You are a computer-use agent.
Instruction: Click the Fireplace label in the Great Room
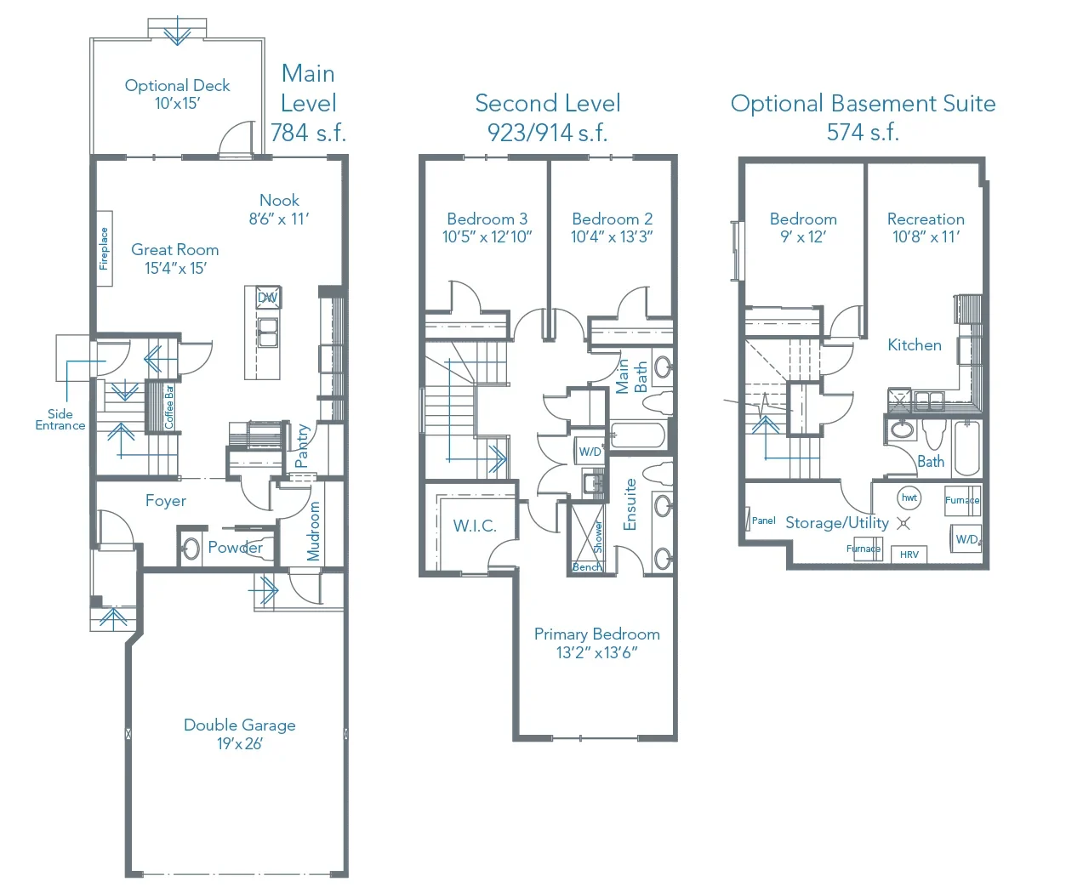(105, 248)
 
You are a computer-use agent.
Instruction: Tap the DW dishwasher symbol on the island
(268, 298)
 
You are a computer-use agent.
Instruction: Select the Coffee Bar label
(168, 407)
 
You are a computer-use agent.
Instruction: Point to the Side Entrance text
(60, 419)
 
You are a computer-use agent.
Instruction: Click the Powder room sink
(191, 549)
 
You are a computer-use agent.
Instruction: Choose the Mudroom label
(313, 531)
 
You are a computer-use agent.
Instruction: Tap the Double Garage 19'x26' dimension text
(240, 743)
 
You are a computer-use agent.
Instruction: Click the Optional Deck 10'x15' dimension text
(178, 103)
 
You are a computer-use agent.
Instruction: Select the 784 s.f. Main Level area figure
(308, 132)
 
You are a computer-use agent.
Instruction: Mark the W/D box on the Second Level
(590, 451)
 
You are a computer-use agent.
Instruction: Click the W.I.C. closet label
(475, 526)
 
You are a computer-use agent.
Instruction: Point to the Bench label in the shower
(587, 567)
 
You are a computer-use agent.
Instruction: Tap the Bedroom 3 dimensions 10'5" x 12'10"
(487, 237)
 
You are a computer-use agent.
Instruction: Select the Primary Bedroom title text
(597, 634)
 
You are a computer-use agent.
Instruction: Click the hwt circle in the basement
(909, 498)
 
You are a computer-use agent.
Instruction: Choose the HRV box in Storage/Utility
(909, 555)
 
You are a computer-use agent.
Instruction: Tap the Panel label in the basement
(763, 520)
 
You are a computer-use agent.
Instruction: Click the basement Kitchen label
(915, 344)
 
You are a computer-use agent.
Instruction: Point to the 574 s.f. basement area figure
(863, 132)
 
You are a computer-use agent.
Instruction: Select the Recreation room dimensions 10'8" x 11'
(926, 237)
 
